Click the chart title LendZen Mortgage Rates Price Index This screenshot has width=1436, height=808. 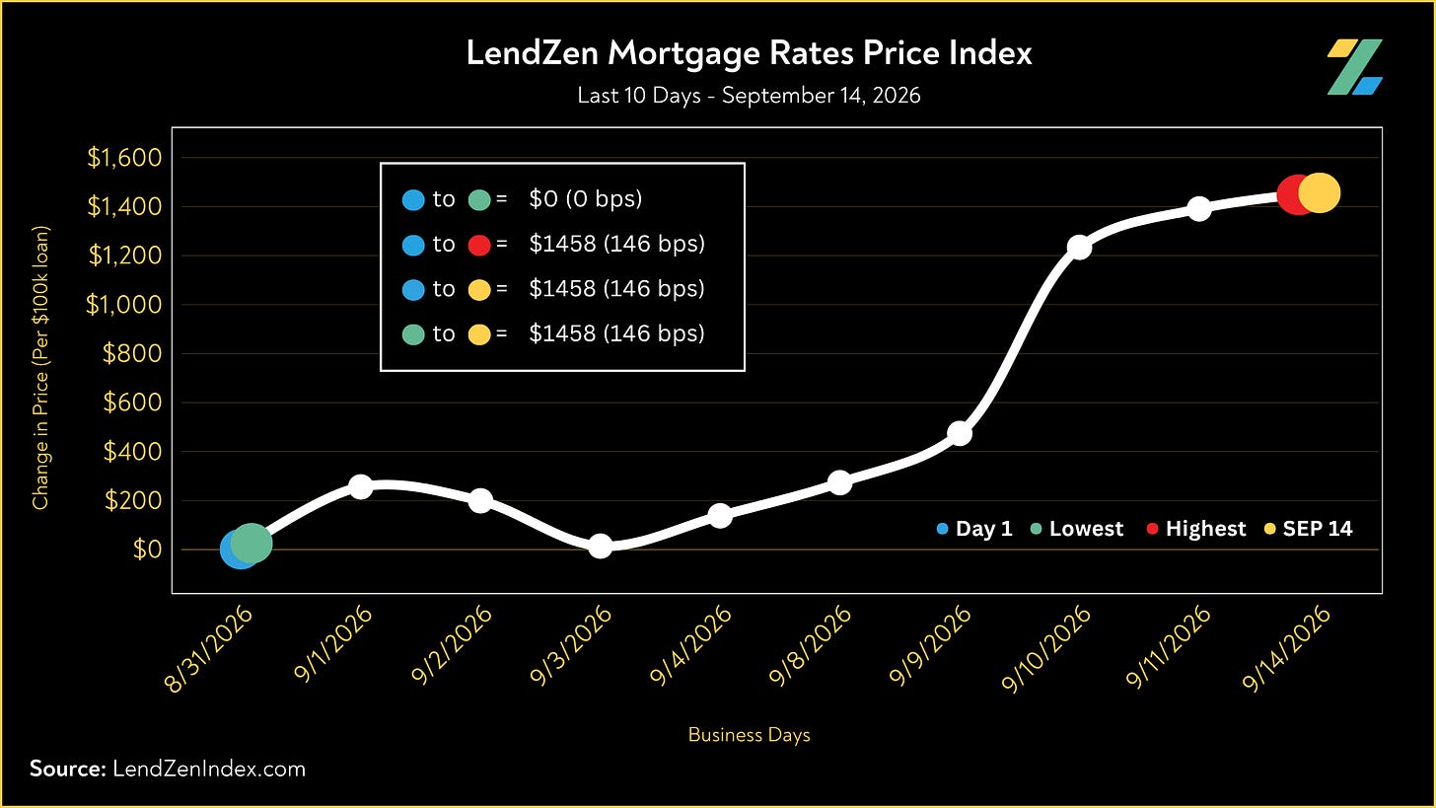coord(749,53)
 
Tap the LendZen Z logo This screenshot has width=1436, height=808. coord(1354,67)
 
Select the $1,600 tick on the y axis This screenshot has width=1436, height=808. coord(124,158)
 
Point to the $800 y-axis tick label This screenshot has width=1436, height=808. coord(132,353)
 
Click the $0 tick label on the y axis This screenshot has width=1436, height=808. coord(148,550)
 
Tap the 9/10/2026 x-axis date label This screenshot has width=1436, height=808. coord(1045,649)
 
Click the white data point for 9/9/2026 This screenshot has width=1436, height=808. coord(960,434)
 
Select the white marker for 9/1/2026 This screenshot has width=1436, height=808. coord(361,486)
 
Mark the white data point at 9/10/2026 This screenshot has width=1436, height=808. coord(1080,247)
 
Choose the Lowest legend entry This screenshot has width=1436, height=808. coord(1076,529)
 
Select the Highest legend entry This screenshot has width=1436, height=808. coord(1196,529)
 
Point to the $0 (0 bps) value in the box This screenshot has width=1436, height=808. coord(585,199)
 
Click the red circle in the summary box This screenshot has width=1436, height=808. coord(479,245)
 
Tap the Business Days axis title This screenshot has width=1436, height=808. coord(749,735)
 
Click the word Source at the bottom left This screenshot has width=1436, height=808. coord(67,769)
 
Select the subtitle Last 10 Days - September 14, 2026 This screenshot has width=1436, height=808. coord(749,96)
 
